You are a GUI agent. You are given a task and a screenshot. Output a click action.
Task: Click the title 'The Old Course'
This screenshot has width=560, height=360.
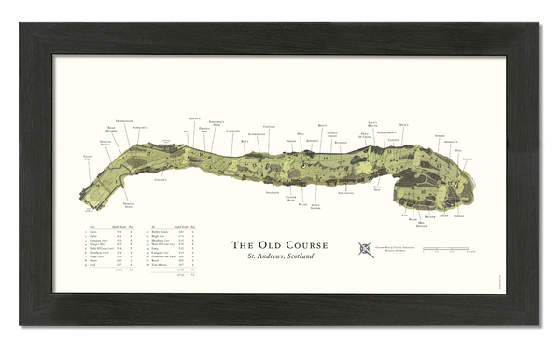pyautogui.click(x=279, y=246)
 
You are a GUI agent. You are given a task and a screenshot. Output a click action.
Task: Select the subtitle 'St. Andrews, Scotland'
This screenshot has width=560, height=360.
pyautogui.click(x=279, y=256)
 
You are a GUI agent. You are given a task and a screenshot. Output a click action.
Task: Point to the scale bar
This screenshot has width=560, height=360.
pyautogui.click(x=445, y=249)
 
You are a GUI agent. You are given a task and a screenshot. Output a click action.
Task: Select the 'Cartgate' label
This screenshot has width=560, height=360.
pyautogui.click(x=233, y=132)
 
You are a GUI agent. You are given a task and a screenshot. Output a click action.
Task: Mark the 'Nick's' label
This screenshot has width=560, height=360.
pyautogui.click(x=403, y=124)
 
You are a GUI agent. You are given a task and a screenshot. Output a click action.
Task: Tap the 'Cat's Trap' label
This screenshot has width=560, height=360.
pyautogui.click(x=378, y=189)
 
